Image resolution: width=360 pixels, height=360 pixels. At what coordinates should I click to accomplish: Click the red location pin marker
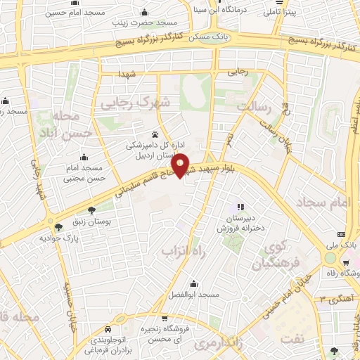coord(181,164)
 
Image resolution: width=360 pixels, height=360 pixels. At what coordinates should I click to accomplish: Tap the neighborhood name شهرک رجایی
coord(136,103)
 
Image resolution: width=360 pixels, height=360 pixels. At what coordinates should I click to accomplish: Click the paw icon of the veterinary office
coord(155,134)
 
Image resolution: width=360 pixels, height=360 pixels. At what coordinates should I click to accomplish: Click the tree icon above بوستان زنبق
coord(92,210)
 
